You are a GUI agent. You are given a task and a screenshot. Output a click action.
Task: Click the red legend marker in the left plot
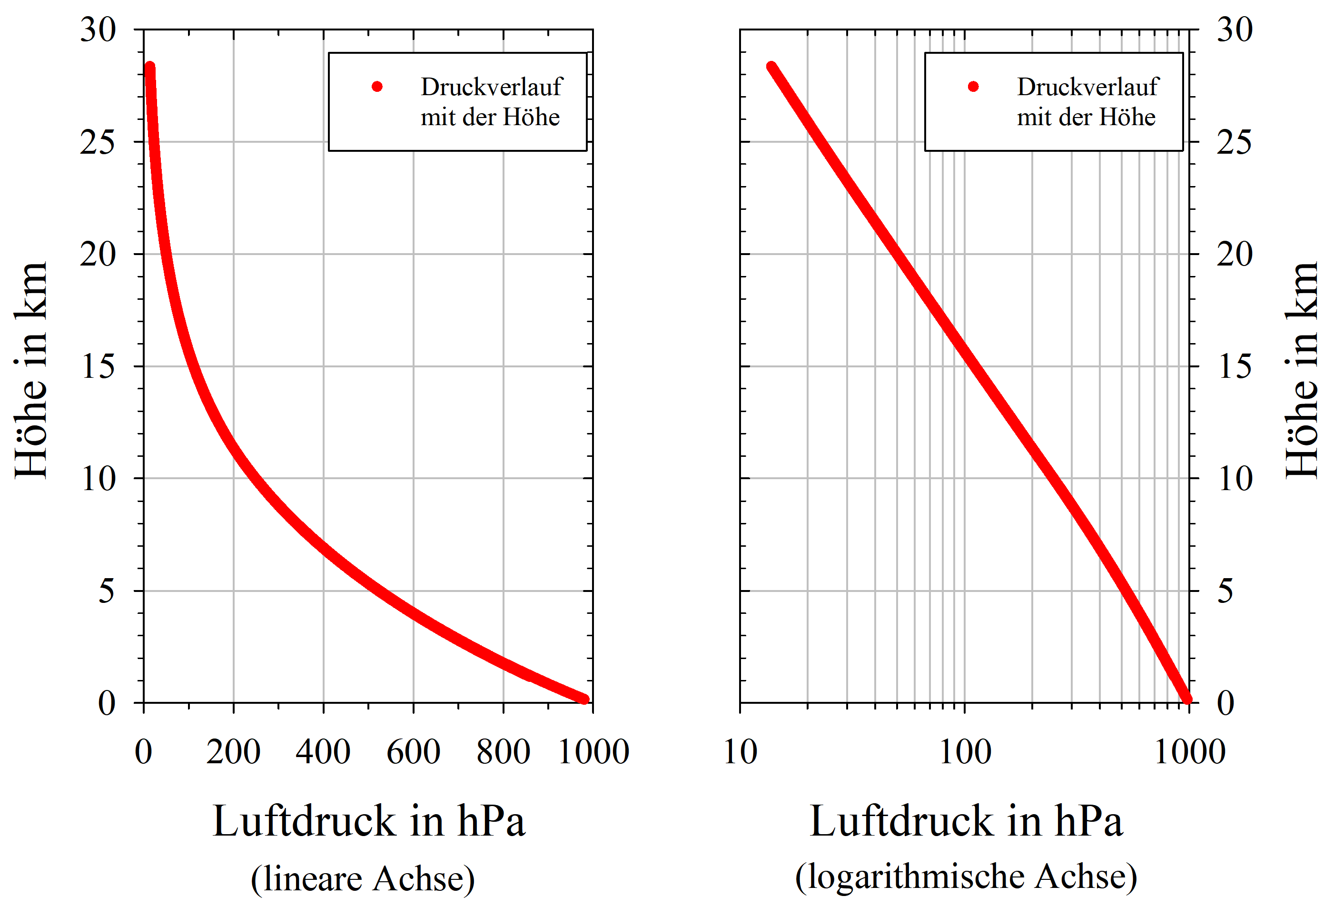pyautogui.click(x=377, y=87)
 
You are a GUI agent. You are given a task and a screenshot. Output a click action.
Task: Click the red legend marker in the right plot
pyautogui.click(x=973, y=87)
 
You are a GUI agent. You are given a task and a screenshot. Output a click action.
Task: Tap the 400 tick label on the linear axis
pyautogui.click(x=323, y=752)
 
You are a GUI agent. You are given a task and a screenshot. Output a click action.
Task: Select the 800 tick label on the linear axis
pyautogui.click(x=504, y=752)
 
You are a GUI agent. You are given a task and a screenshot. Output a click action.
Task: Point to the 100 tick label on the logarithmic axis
pyautogui.click(x=965, y=752)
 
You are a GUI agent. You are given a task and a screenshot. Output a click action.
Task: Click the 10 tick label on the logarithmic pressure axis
pyautogui.click(x=741, y=752)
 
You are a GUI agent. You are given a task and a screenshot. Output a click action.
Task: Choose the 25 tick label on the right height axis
pyautogui.click(x=1235, y=142)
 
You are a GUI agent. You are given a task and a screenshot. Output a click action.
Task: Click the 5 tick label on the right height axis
pyautogui.click(x=1225, y=591)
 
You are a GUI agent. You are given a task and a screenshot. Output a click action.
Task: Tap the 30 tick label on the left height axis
pyautogui.click(x=98, y=30)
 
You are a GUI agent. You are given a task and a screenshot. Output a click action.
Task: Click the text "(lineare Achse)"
pyautogui.click(x=363, y=878)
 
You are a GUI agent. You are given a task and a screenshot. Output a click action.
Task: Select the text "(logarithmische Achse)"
pyautogui.click(x=966, y=877)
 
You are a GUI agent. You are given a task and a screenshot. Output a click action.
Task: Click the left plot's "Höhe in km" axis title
pyautogui.click(x=31, y=370)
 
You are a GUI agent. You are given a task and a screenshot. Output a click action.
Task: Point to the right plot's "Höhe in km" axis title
pyautogui.click(x=1302, y=370)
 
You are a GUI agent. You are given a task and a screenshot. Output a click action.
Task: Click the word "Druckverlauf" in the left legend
pyautogui.click(x=491, y=87)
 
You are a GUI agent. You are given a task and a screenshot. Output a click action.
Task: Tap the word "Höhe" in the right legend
pyautogui.click(x=1127, y=117)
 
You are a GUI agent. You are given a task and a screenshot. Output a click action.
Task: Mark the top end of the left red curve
pyautogui.click(x=150, y=67)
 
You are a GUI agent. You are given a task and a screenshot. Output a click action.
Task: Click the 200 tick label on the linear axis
pyautogui.click(x=234, y=752)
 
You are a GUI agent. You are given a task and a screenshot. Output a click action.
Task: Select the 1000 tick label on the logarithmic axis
pyautogui.click(x=1190, y=752)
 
